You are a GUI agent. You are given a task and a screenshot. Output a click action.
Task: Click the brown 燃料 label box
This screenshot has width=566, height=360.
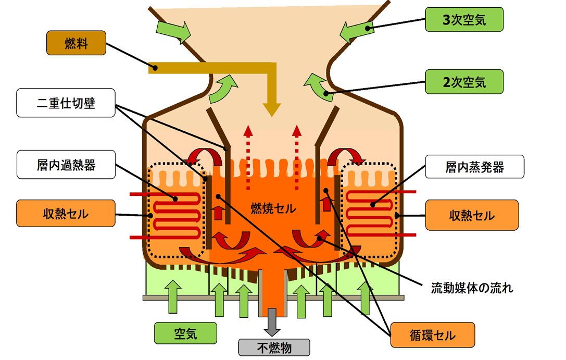pyautogui.click(x=76, y=43)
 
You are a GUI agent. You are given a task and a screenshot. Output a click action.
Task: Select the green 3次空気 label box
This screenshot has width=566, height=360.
pyautogui.click(x=464, y=20)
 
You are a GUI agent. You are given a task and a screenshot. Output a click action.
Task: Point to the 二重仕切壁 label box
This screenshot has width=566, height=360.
pyautogui.click(x=66, y=103)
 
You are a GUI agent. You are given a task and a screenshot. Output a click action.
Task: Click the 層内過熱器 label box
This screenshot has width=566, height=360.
pyautogui.click(x=66, y=166)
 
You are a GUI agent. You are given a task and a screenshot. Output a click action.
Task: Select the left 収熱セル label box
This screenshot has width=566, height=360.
pyautogui.click(x=66, y=213)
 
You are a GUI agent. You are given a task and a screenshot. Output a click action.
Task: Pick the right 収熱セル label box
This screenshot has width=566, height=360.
pyautogui.click(x=472, y=215)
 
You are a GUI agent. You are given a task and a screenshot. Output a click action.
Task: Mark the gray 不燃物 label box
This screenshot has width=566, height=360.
pyautogui.click(x=274, y=347)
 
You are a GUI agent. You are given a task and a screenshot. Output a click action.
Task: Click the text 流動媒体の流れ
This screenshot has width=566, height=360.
pyautogui.click(x=472, y=287)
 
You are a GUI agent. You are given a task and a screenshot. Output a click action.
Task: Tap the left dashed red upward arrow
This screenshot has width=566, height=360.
pyautogui.click(x=248, y=156)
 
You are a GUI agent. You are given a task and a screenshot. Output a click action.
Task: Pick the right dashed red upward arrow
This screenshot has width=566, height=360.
pyautogui.click(x=297, y=156)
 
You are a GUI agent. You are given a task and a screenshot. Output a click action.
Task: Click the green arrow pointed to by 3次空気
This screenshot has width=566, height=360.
pyautogui.click(x=357, y=31)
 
